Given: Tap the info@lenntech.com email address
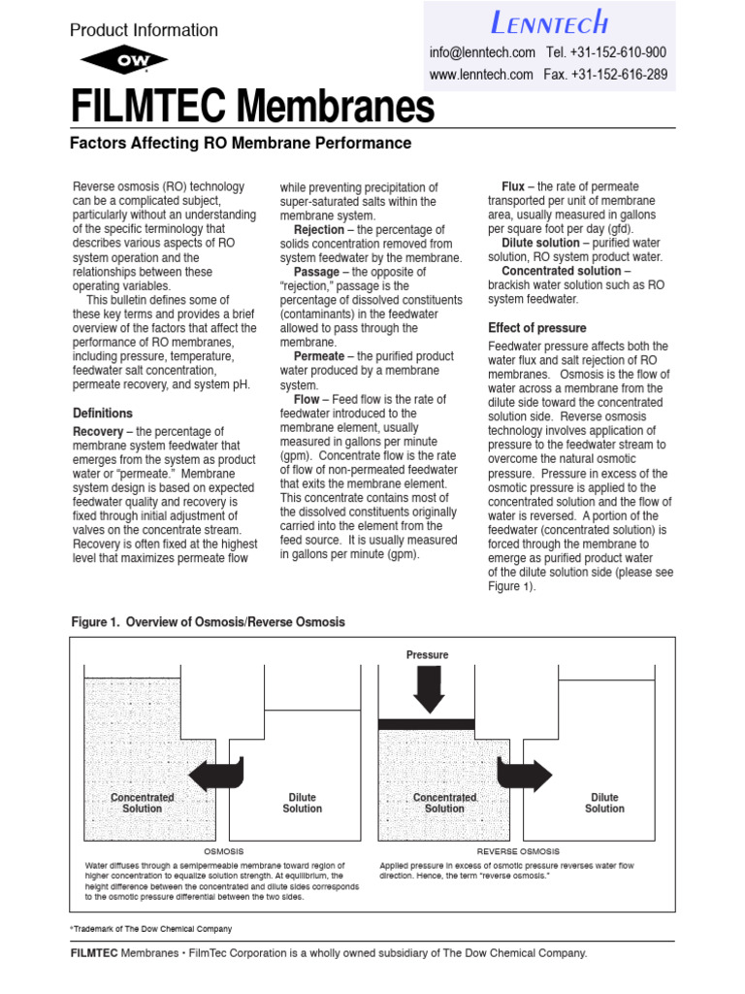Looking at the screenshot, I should pyautogui.click(x=482, y=52).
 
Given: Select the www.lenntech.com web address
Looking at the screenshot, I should pyautogui.click(x=481, y=75).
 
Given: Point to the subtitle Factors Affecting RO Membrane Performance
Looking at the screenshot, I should pyautogui.click(x=241, y=144).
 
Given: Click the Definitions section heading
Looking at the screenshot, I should pyautogui.click(x=103, y=414).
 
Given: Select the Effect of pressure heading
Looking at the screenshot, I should pyautogui.click(x=536, y=328).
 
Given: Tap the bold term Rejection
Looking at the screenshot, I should pyautogui.click(x=318, y=230).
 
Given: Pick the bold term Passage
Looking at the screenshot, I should pyautogui.click(x=316, y=273).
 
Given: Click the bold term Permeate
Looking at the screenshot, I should pyautogui.click(x=319, y=357).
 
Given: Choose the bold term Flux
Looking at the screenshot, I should pyautogui.click(x=513, y=186).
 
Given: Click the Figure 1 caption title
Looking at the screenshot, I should pyautogui.click(x=209, y=622).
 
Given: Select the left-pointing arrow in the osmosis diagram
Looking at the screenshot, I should pyautogui.click(x=215, y=774).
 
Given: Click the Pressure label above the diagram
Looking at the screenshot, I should pyautogui.click(x=427, y=655).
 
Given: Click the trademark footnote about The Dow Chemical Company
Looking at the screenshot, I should pyautogui.click(x=151, y=929).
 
